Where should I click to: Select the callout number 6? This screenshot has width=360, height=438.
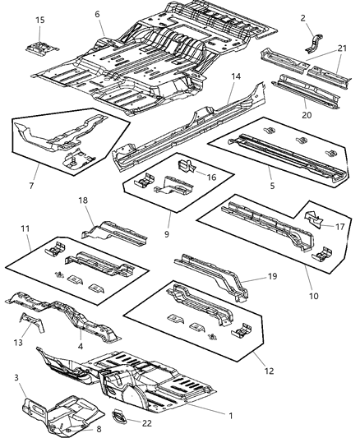pos(97,14)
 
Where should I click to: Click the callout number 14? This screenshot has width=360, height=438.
pos(236,76)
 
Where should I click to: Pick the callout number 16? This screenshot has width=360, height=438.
pos(211,176)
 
